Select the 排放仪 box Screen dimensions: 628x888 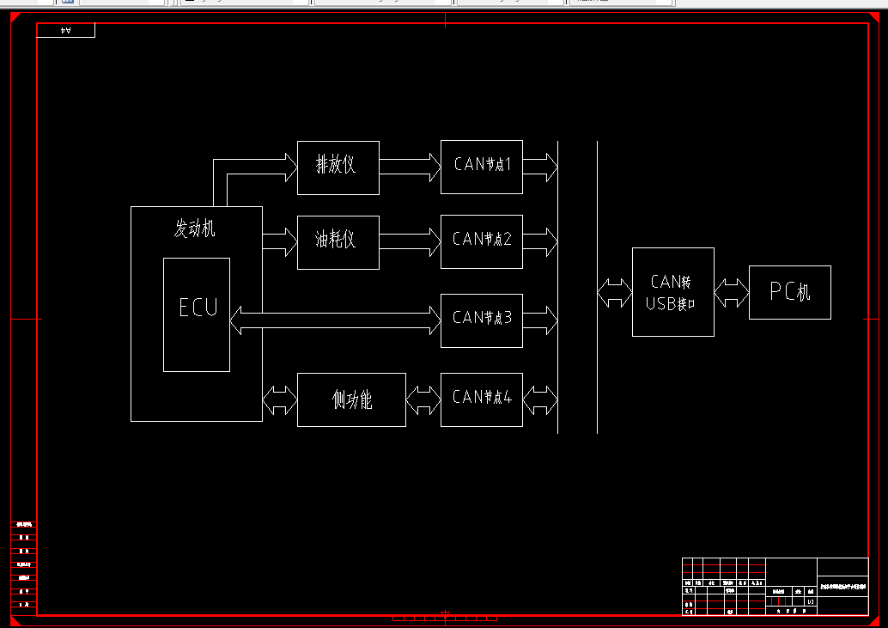338,167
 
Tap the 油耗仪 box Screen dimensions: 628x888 338,241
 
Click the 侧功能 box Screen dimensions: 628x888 351,399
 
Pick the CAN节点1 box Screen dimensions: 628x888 482,167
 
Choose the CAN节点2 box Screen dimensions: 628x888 482,241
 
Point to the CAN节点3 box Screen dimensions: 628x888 482,320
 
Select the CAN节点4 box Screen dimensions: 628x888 482,399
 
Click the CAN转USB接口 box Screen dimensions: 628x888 673,292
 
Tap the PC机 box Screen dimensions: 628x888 790,292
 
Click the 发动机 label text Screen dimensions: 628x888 196,229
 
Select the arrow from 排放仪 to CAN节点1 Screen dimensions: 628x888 410,167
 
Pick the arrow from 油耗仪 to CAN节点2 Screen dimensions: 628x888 410,241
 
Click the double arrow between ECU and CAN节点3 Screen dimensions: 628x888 335,320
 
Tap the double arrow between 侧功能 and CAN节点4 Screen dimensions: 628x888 423,399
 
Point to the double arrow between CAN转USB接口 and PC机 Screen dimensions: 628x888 732,292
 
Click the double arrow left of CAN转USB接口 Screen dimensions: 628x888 614,292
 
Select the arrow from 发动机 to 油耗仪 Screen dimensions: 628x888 280,241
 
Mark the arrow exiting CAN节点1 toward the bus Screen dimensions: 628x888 540,167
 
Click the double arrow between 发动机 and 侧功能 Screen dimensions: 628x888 280,399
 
